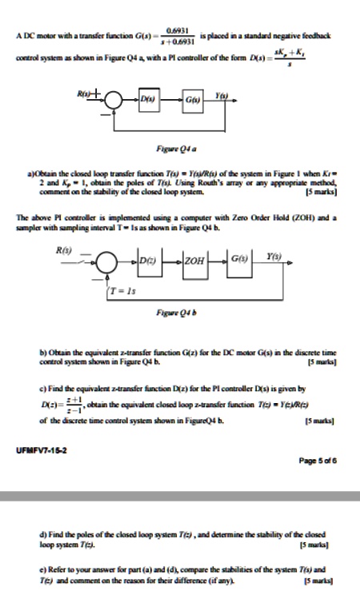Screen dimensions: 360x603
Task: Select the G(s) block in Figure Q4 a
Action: click(x=194, y=101)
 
